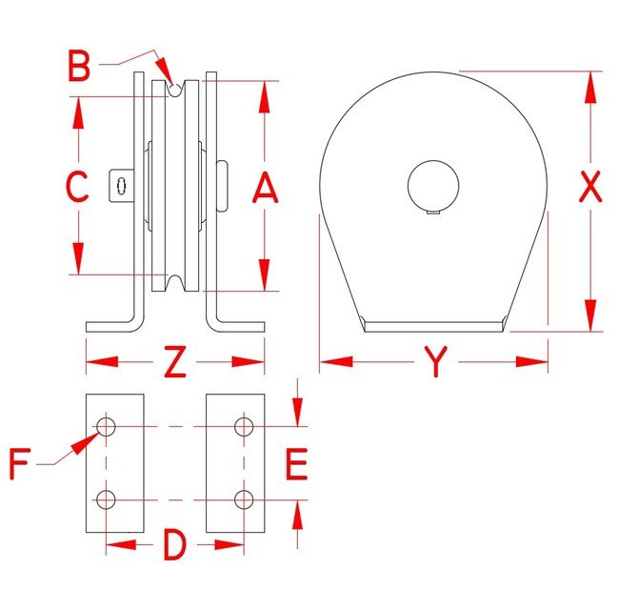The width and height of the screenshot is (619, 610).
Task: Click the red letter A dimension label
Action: coord(266,189)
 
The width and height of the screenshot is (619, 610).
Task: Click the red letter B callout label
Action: coord(79,66)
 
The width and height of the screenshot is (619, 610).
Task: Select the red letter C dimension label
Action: coord(76,186)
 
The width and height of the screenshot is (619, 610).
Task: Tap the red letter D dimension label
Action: coord(174,545)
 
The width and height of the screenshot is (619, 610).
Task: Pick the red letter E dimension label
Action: coord(296,464)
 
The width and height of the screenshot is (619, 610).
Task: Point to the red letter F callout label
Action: coord(20,464)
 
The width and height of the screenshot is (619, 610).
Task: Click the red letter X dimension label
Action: coord(590,186)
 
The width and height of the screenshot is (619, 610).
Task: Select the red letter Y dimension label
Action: coord(436,361)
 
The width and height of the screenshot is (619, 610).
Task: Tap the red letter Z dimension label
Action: coord(175,361)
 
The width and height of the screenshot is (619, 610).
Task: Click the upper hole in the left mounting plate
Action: coord(106,427)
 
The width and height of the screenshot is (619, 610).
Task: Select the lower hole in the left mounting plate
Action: coord(106,499)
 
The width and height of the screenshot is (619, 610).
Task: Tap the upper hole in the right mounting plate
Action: coord(244,427)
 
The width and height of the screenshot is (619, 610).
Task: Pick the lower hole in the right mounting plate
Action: coord(244,499)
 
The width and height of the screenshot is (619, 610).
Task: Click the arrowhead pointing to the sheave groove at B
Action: coord(165,71)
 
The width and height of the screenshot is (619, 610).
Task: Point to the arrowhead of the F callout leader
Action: coord(86,443)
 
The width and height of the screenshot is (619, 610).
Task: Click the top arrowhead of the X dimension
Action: coord(590,88)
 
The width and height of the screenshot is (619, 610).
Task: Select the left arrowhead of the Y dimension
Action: coord(336,361)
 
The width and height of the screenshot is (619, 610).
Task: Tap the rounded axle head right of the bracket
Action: coord(222,186)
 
